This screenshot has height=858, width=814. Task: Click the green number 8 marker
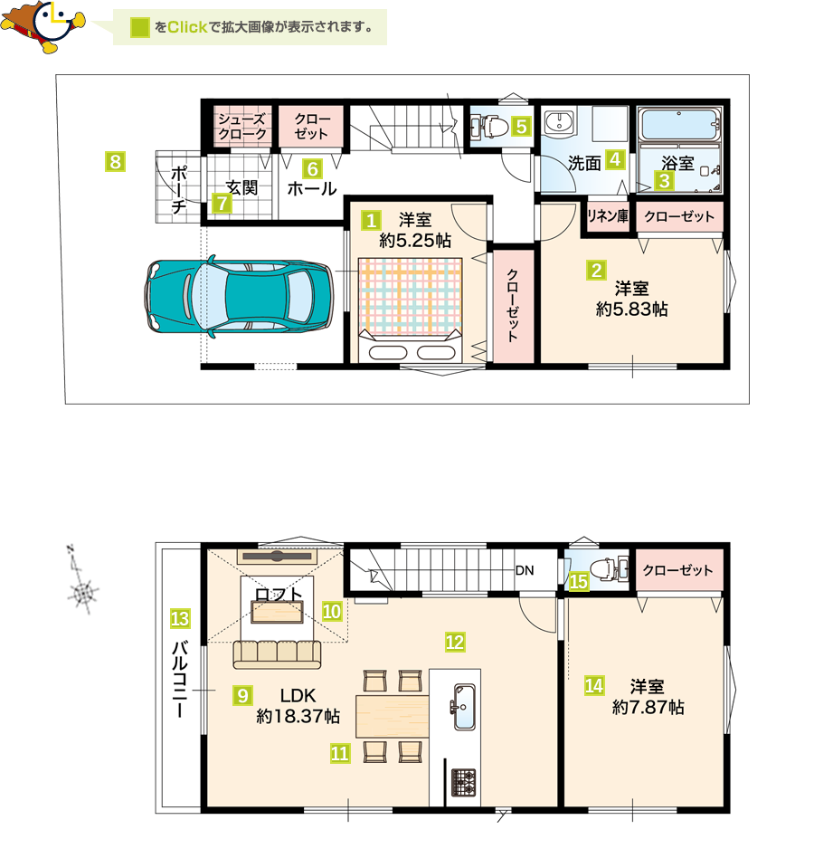115,161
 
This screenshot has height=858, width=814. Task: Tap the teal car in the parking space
239,295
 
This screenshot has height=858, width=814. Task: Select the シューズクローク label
242,127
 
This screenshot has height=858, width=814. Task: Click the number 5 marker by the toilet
521,127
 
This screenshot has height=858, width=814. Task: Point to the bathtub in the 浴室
679,125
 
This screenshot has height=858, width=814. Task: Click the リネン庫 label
608,216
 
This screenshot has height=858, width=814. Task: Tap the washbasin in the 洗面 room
559,121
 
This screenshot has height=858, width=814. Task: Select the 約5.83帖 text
632,310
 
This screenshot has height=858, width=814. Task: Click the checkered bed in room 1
410,310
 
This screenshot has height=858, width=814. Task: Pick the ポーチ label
179,189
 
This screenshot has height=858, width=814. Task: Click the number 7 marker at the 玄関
222,204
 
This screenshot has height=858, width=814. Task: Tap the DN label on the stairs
525,570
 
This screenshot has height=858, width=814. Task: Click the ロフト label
279,594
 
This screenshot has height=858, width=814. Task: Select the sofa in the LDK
277,653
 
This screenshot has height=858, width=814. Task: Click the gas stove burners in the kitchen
463,783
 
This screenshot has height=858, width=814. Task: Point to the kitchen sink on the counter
464,706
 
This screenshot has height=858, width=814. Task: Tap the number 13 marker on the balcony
180,618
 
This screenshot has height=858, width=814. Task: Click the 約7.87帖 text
648,708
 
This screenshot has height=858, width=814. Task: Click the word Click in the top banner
187,27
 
